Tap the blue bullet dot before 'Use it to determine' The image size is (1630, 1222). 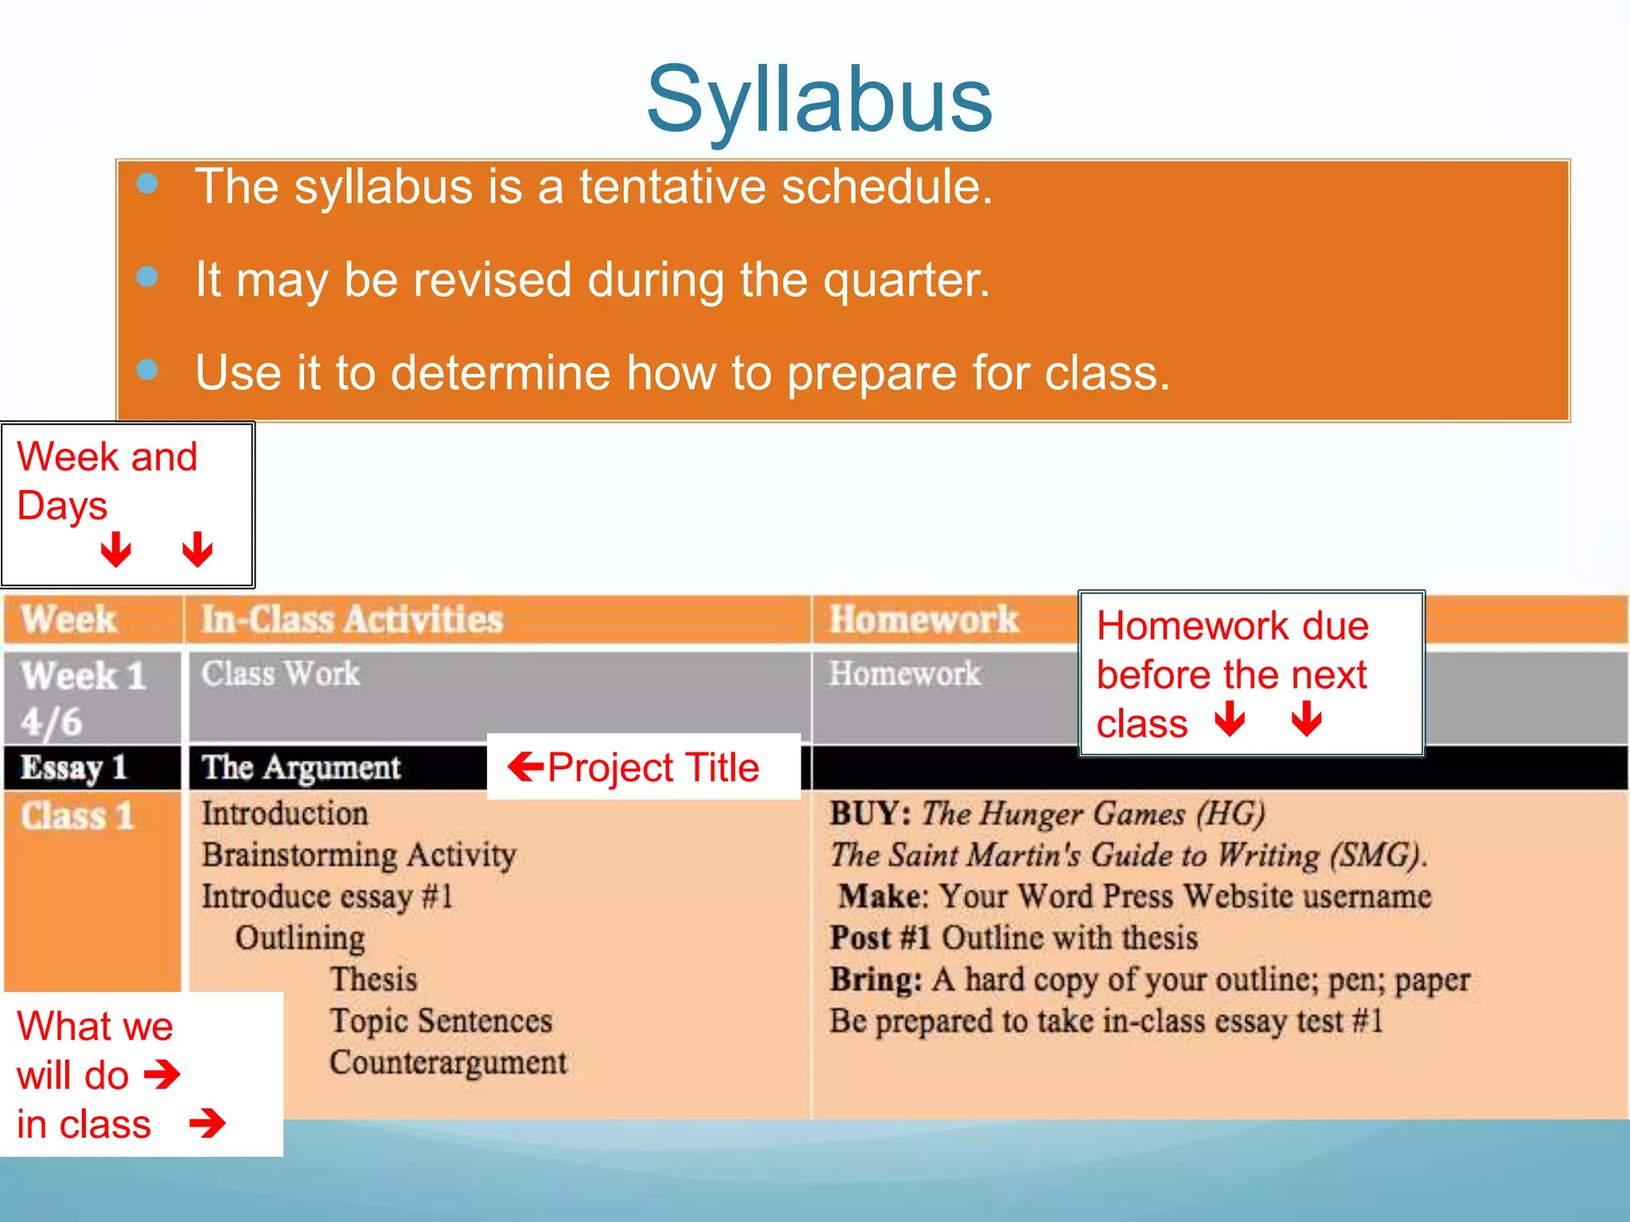click(147, 370)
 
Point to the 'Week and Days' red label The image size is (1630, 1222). click(107, 481)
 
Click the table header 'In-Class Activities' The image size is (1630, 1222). click(352, 620)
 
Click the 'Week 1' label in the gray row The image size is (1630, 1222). click(84, 676)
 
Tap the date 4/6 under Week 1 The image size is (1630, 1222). click(52, 722)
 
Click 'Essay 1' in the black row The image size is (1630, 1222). click(74, 768)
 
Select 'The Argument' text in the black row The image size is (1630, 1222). click(301, 768)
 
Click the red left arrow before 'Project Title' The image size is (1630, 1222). click(525, 767)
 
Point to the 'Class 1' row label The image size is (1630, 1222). click(77, 816)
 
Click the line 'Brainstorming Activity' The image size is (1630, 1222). click(359, 855)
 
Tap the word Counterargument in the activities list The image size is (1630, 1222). click(448, 1063)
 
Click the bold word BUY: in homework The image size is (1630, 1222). click(870, 814)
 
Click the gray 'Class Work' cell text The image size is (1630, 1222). click(280, 674)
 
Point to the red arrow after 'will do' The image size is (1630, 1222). click(162, 1075)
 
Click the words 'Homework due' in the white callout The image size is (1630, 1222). click(1232, 626)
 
